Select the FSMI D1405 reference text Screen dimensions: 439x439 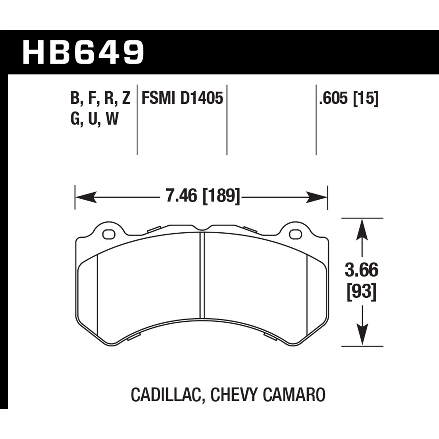182,98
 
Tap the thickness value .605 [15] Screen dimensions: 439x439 349,98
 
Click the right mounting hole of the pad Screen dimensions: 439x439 295,234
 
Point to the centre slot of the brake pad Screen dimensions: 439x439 202,275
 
